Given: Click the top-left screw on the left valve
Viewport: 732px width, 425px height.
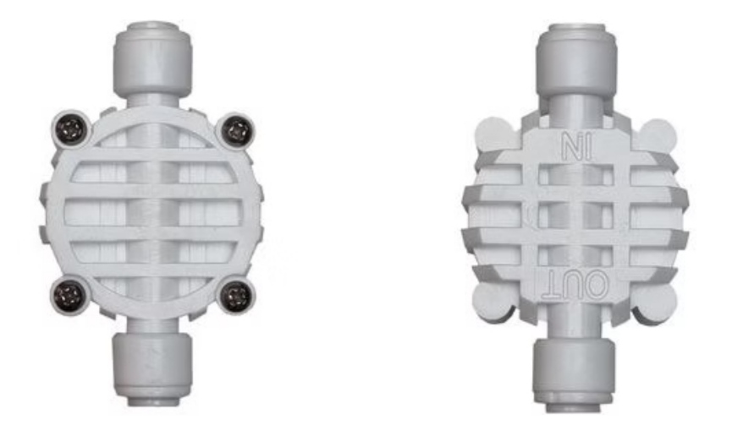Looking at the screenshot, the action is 71,128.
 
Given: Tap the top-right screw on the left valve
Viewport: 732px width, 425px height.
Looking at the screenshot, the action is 237,130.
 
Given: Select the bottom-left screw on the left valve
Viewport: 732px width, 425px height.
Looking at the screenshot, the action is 69,295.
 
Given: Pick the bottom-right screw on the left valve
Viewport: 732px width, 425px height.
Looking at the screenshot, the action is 237,296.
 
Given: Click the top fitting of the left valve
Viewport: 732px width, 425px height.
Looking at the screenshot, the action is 152,57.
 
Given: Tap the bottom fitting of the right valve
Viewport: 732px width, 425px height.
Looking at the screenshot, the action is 575,376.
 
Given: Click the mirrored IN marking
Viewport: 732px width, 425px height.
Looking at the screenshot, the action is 576,146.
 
